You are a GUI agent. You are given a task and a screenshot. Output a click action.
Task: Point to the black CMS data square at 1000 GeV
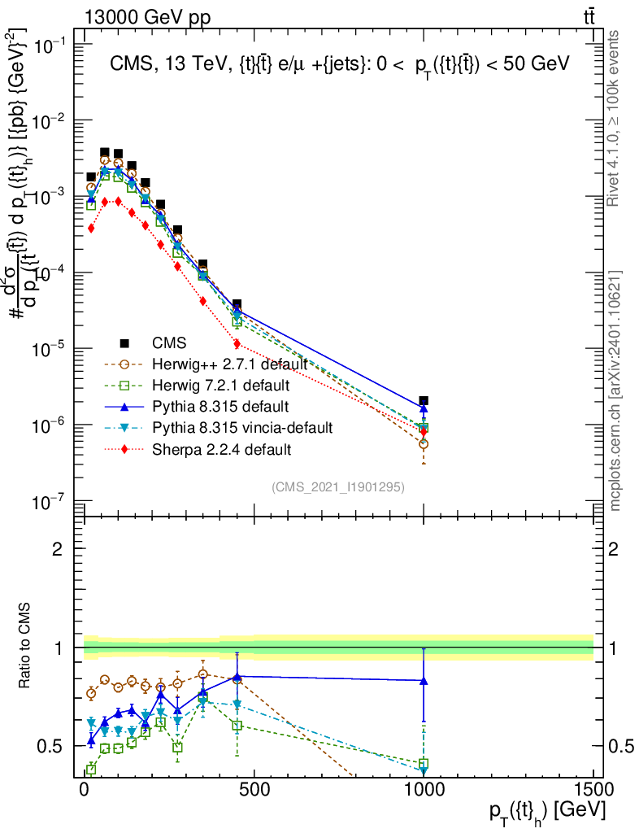[424, 401]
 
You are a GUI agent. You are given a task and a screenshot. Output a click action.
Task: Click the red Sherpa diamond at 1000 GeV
[424, 431]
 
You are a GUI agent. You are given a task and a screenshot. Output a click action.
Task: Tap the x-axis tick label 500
[254, 791]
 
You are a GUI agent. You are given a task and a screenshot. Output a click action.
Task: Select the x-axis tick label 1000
[424, 791]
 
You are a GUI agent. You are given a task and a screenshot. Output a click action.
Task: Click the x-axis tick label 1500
[593, 791]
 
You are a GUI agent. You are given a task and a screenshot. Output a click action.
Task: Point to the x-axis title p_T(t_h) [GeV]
[546, 811]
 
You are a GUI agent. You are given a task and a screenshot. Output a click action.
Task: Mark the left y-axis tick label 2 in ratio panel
[58, 549]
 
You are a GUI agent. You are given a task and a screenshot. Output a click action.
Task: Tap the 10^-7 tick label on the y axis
[46, 502]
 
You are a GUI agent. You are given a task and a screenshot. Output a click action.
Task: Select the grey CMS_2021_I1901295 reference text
[338, 486]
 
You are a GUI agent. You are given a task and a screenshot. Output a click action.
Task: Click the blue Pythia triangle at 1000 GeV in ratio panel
[424, 680]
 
